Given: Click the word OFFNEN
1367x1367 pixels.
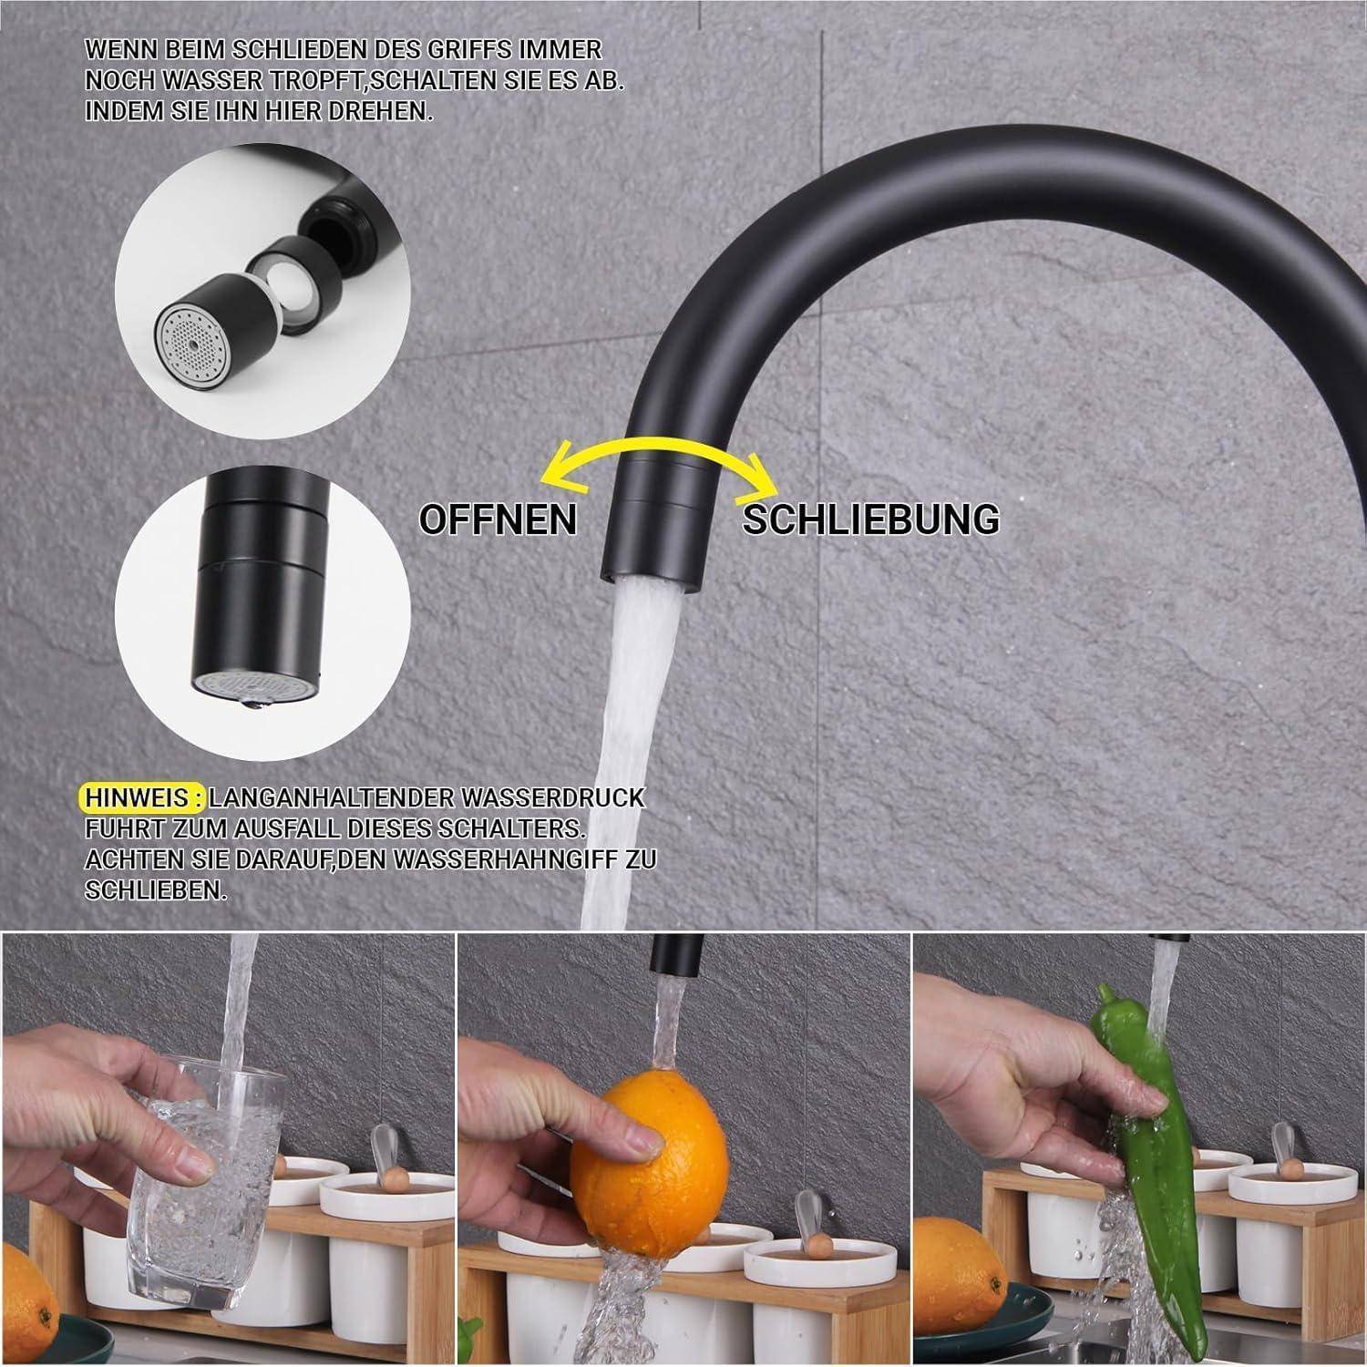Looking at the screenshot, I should pyautogui.click(x=498, y=519).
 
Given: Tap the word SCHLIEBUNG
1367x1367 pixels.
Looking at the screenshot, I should pyautogui.click(x=870, y=519).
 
